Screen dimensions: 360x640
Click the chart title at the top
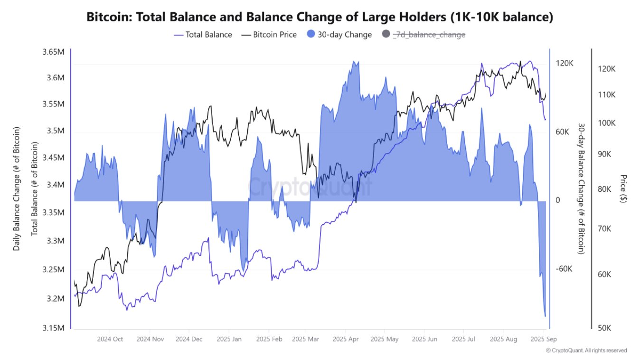tap(320, 17)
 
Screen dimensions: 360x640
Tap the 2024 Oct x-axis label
tap(110, 339)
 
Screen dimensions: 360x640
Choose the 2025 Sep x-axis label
tap(544, 339)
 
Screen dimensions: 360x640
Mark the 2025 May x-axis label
tap(385, 339)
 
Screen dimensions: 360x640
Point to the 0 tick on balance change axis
tap(558, 200)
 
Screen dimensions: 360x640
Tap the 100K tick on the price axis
tap(607, 123)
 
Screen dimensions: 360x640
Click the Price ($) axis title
tap(623, 189)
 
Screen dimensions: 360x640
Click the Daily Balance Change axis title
tap(17, 189)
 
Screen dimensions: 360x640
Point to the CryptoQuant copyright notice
tap(586, 351)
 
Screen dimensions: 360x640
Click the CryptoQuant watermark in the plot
tap(311, 187)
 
